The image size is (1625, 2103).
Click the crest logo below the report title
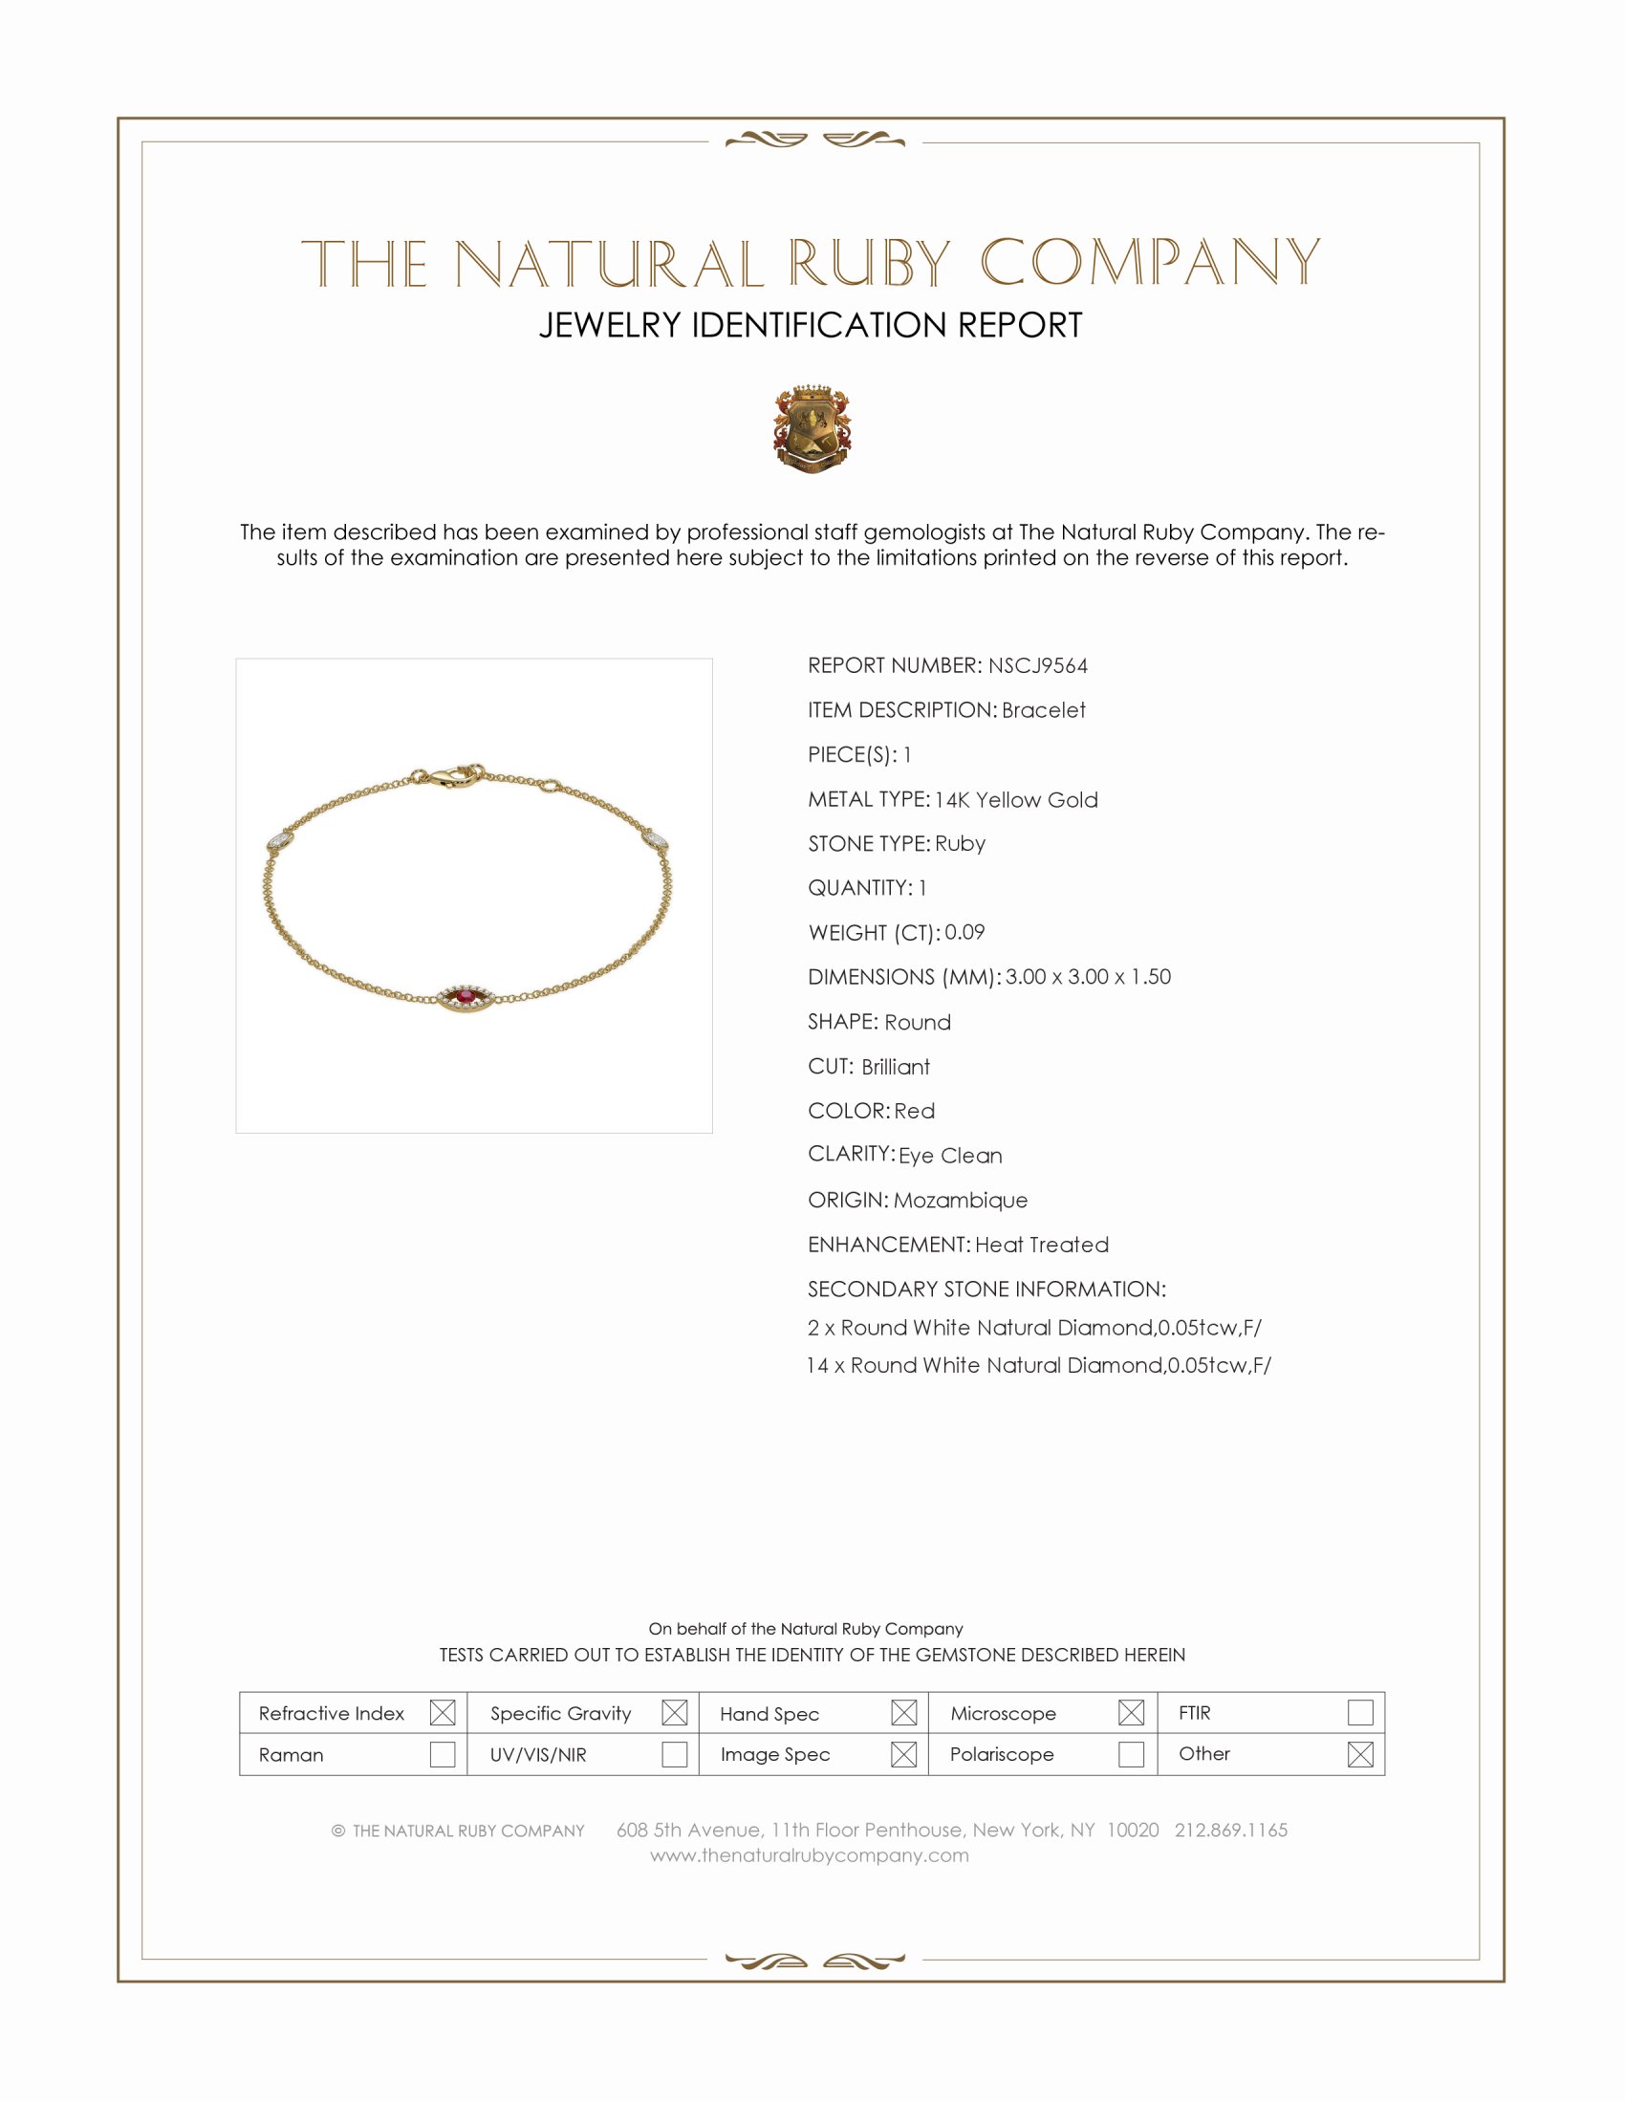(x=812, y=429)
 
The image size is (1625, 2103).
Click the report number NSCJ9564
(x=1037, y=666)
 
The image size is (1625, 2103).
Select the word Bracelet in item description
(x=1043, y=710)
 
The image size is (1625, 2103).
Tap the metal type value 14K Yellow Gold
(x=1015, y=800)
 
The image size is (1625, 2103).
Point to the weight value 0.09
(x=964, y=932)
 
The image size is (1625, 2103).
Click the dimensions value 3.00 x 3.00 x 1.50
(x=1088, y=977)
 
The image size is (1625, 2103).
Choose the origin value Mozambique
(x=960, y=1201)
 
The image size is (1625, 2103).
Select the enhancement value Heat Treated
(x=1042, y=1245)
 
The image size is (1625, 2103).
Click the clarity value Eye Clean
(x=950, y=1156)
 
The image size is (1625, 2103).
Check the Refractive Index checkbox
(x=442, y=1713)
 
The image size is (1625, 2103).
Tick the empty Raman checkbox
(x=442, y=1754)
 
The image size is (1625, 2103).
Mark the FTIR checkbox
(x=1359, y=1713)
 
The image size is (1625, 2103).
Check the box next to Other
(x=1359, y=1754)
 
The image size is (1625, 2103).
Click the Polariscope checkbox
(x=1131, y=1754)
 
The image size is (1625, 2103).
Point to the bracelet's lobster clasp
(x=446, y=776)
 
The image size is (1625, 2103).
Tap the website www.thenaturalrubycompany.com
(x=810, y=1855)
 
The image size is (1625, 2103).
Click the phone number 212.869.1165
(x=1230, y=1831)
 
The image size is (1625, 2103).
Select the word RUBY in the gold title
(x=869, y=263)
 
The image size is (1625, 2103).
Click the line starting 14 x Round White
(x=1039, y=1365)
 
